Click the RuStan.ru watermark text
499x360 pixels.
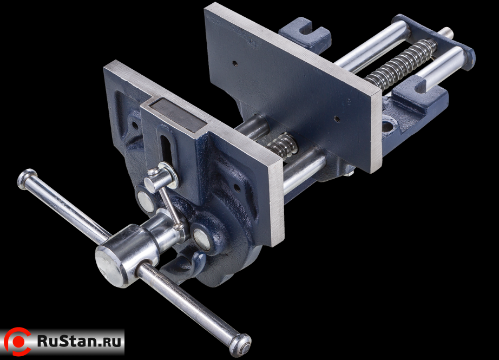click(x=80, y=341)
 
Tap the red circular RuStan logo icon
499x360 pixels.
click(x=17, y=342)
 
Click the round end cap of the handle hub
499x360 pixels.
click(x=109, y=266)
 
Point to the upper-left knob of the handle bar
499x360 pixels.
click(x=28, y=179)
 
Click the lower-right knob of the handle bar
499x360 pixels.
click(x=241, y=345)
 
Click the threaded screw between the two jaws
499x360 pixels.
click(x=282, y=146)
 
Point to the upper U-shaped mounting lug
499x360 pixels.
click(x=305, y=33)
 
